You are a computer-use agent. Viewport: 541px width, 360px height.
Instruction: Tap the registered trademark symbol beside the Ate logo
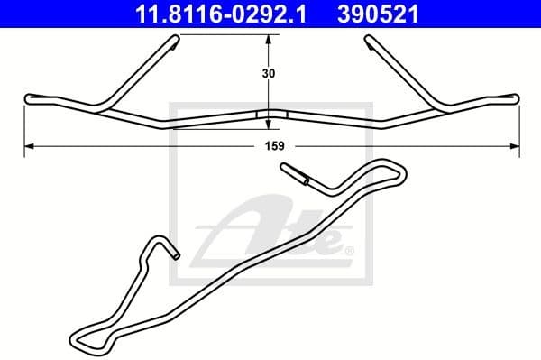(349, 249)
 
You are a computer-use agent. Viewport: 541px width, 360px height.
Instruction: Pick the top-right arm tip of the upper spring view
(369, 38)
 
